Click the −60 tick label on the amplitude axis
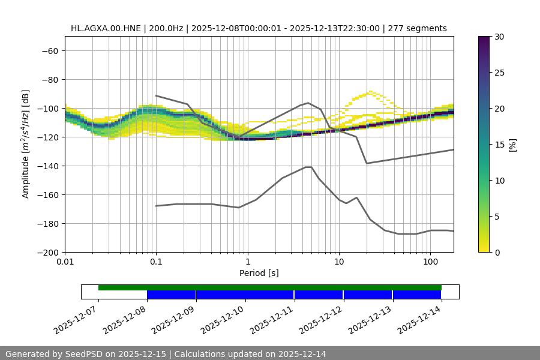(x=48, y=50)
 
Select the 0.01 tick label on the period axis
(x=65, y=262)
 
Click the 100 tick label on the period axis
(x=430, y=262)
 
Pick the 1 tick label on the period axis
(x=248, y=262)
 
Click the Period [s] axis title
(x=259, y=273)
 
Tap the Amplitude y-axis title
(x=26, y=144)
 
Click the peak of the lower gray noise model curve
(x=308, y=167)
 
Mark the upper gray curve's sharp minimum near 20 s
(x=367, y=163)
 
